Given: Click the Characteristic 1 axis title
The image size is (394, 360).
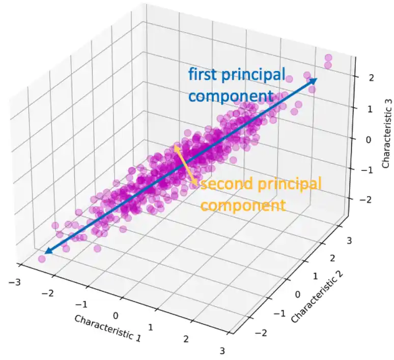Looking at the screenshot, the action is coord(107,328).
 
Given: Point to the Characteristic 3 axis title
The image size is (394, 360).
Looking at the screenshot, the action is coord(387,134).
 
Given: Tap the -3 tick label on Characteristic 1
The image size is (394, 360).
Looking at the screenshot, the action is coord(14,282).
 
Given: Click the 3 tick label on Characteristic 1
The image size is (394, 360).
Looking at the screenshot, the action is coord(222,351).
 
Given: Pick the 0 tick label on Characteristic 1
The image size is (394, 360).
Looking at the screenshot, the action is coord(116,316).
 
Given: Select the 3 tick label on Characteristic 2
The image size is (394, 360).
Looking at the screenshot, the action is coord(349,241).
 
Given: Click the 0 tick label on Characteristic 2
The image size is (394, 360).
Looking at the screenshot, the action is coord(297,294).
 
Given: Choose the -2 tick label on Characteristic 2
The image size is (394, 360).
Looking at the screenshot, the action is coord(261,333).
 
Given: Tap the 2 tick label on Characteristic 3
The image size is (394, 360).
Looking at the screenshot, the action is coord(371,78).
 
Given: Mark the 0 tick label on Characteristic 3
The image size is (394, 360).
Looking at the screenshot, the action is coord(369,140).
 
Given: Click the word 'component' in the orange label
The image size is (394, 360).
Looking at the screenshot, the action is coord(243,206).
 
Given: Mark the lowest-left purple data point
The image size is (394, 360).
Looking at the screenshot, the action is coord(42,259).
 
